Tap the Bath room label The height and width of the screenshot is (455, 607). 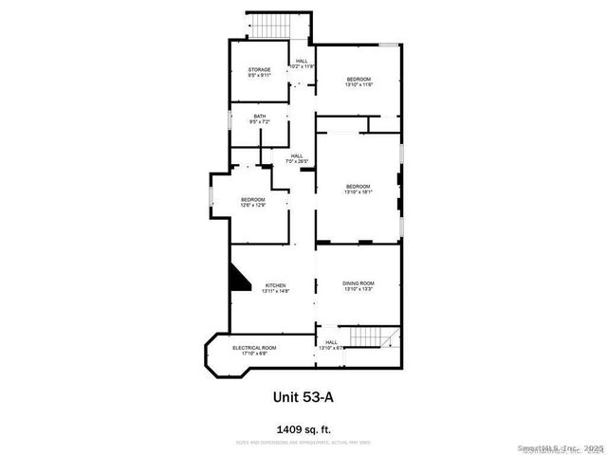pos(260,118)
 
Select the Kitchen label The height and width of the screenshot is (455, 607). pos(276,285)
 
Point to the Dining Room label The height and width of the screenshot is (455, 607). pos(359,283)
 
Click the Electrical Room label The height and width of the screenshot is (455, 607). pos(254,348)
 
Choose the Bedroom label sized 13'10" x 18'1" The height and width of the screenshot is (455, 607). pos(358,186)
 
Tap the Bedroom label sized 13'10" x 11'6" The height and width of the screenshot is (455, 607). pos(358,78)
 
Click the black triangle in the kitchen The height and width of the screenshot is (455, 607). pos(237,281)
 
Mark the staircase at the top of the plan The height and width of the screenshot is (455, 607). pos(268,27)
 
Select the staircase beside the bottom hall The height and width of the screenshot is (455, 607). pos(371,337)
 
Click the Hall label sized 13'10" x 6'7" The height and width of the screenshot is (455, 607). pos(331,345)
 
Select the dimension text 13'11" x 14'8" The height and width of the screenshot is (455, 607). pos(276,290)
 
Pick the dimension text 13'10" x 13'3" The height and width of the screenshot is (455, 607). pos(359,289)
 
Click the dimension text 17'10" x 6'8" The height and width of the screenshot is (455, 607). pos(254,354)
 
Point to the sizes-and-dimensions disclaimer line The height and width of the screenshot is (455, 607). pos(303,443)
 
